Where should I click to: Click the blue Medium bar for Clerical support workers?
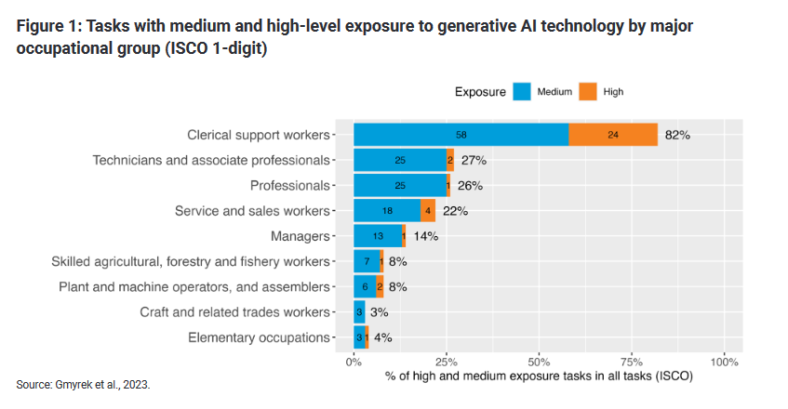[461, 135]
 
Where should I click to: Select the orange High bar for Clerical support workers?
[613, 135]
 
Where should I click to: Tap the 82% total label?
[676, 135]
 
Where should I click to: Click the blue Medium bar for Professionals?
[400, 185]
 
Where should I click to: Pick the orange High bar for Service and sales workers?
[428, 211]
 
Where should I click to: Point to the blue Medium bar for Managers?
[378, 236]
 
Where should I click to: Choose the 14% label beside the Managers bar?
[425, 236]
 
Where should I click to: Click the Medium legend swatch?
[521, 91]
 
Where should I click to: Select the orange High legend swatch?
[587, 91]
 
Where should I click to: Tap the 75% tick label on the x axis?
[632, 361]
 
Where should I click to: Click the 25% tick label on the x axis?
[447, 361]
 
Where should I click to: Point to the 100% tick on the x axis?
[724, 361]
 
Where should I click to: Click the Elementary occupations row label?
[259, 337]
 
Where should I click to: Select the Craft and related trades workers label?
[234, 312]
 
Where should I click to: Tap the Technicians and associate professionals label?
[211, 160]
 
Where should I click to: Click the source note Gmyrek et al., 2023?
[83, 383]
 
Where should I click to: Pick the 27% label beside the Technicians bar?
[474, 160]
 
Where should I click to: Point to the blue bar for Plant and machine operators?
[364, 287]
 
